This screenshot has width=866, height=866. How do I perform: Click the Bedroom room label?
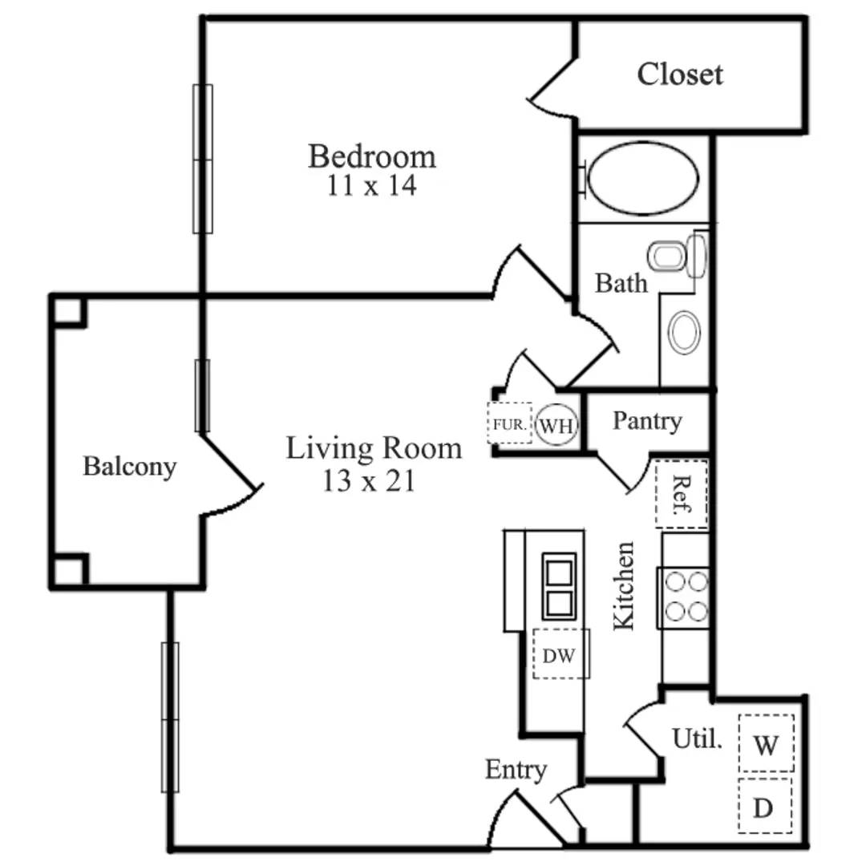click(372, 156)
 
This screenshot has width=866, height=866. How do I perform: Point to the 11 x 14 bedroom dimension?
click(371, 186)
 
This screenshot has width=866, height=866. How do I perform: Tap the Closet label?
click(680, 75)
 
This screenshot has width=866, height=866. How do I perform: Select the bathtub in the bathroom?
click(643, 178)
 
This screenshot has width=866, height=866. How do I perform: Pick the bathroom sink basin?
click(684, 332)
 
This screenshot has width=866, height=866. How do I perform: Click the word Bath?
click(621, 283)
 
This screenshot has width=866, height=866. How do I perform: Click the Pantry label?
click(646, 421)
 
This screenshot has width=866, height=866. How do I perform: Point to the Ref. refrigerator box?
click(682, 494)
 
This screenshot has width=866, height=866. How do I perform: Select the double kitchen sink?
click(559, 586)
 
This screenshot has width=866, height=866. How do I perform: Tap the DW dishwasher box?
click(560, 655)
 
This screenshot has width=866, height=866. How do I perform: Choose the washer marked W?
click(766, 745)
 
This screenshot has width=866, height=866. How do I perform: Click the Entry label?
click(516, 771)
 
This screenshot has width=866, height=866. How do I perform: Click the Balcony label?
click(129, 467)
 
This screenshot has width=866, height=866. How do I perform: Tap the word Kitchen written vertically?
click(624, 585)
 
